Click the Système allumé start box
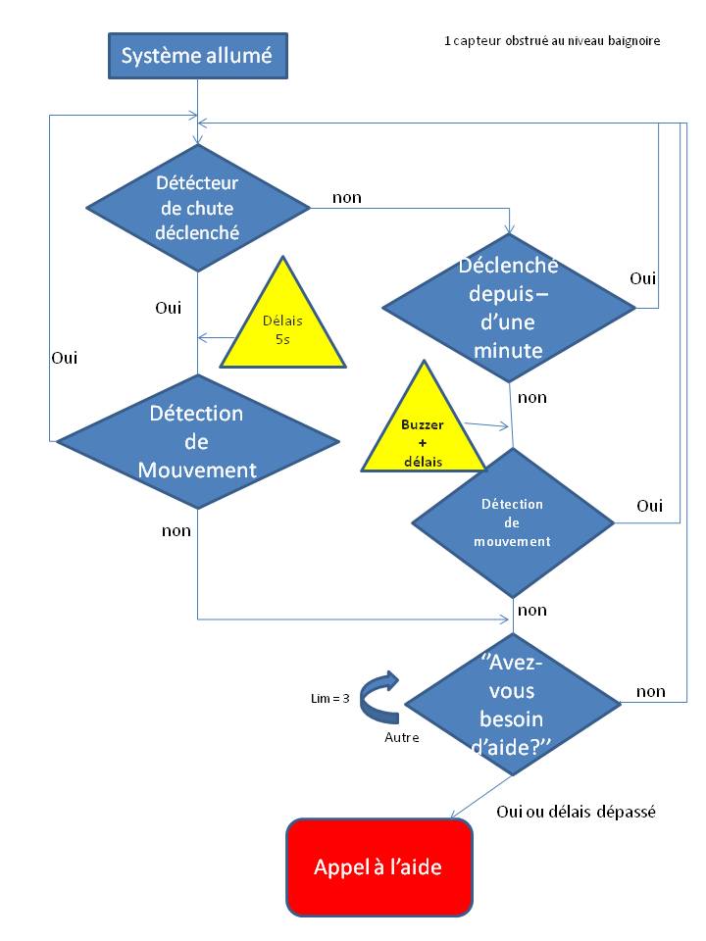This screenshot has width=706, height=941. coord(196,56)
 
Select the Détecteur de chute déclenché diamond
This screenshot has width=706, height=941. coord(197,208)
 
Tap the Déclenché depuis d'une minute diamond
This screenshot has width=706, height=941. coord(509,307)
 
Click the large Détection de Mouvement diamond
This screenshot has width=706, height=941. coord(197,441)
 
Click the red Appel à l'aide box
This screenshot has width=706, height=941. coord(378,867)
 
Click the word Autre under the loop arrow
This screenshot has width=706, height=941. coord(401,737)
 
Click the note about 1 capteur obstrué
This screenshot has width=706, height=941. coord(552,41)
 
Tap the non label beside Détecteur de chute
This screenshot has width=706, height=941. coord(347,198)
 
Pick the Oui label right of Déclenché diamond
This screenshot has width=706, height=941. coord(643,278)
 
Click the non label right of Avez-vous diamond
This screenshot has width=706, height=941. coord(651,692)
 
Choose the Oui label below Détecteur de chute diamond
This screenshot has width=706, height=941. coord(169,308)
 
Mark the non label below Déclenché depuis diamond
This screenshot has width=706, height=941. coord(532,397)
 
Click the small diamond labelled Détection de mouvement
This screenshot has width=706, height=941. coord(512,522)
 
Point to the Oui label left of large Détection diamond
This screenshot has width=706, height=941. coord(64,358)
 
